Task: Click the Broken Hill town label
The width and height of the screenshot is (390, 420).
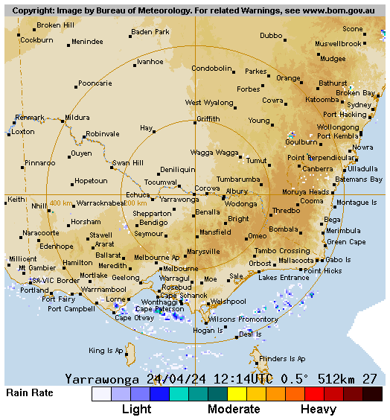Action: pos(55,25)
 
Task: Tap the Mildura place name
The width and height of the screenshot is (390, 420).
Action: pos(77,118)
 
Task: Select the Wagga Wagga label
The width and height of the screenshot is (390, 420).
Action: pos(214,152)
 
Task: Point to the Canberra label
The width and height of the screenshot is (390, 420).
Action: pos(318,169)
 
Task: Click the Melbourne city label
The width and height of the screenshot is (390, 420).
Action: pos(181,269)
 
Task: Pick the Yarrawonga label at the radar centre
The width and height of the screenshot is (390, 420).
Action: pos(179,200)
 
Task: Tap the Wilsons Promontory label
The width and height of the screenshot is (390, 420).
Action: pos(243,319)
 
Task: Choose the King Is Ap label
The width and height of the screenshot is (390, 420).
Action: pos(106,351)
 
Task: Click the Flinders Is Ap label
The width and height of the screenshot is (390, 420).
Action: pos(281,358)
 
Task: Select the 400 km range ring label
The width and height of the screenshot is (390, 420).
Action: pos(61,203)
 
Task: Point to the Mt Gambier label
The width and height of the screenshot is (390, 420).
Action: pos(37,268)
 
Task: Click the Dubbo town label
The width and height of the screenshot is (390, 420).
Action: pos(271,36)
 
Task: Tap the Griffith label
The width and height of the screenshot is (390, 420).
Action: pos(208,119)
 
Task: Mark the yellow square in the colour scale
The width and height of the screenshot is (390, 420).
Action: pos(237,394)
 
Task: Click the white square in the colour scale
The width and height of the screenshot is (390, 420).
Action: pos(101,394)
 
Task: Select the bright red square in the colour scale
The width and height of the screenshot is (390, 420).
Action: pos(314,394)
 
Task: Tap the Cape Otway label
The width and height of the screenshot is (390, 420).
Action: pos(134,317)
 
